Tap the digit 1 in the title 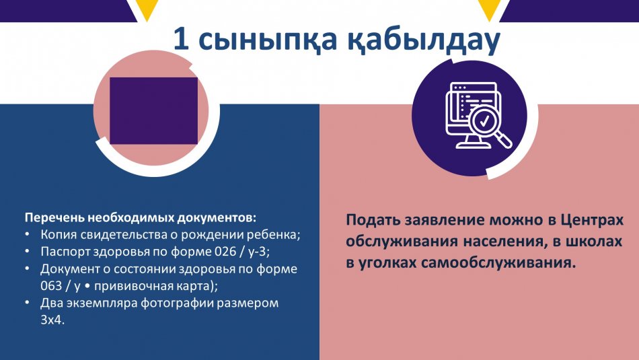(x=182, y=39)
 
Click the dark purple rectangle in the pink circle (x=153, y=110)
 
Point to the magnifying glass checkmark (x=484, y=120)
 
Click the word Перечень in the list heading (x=54, y=218)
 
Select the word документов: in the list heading (x=217, y=218)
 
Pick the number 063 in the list (x=51, y=286)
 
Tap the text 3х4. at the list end (x=52, y=320)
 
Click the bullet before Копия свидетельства (x=27, y=235)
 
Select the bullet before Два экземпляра (x=27, y=303)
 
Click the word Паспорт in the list (x=65, y=252)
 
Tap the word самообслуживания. (x=498, y=263)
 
